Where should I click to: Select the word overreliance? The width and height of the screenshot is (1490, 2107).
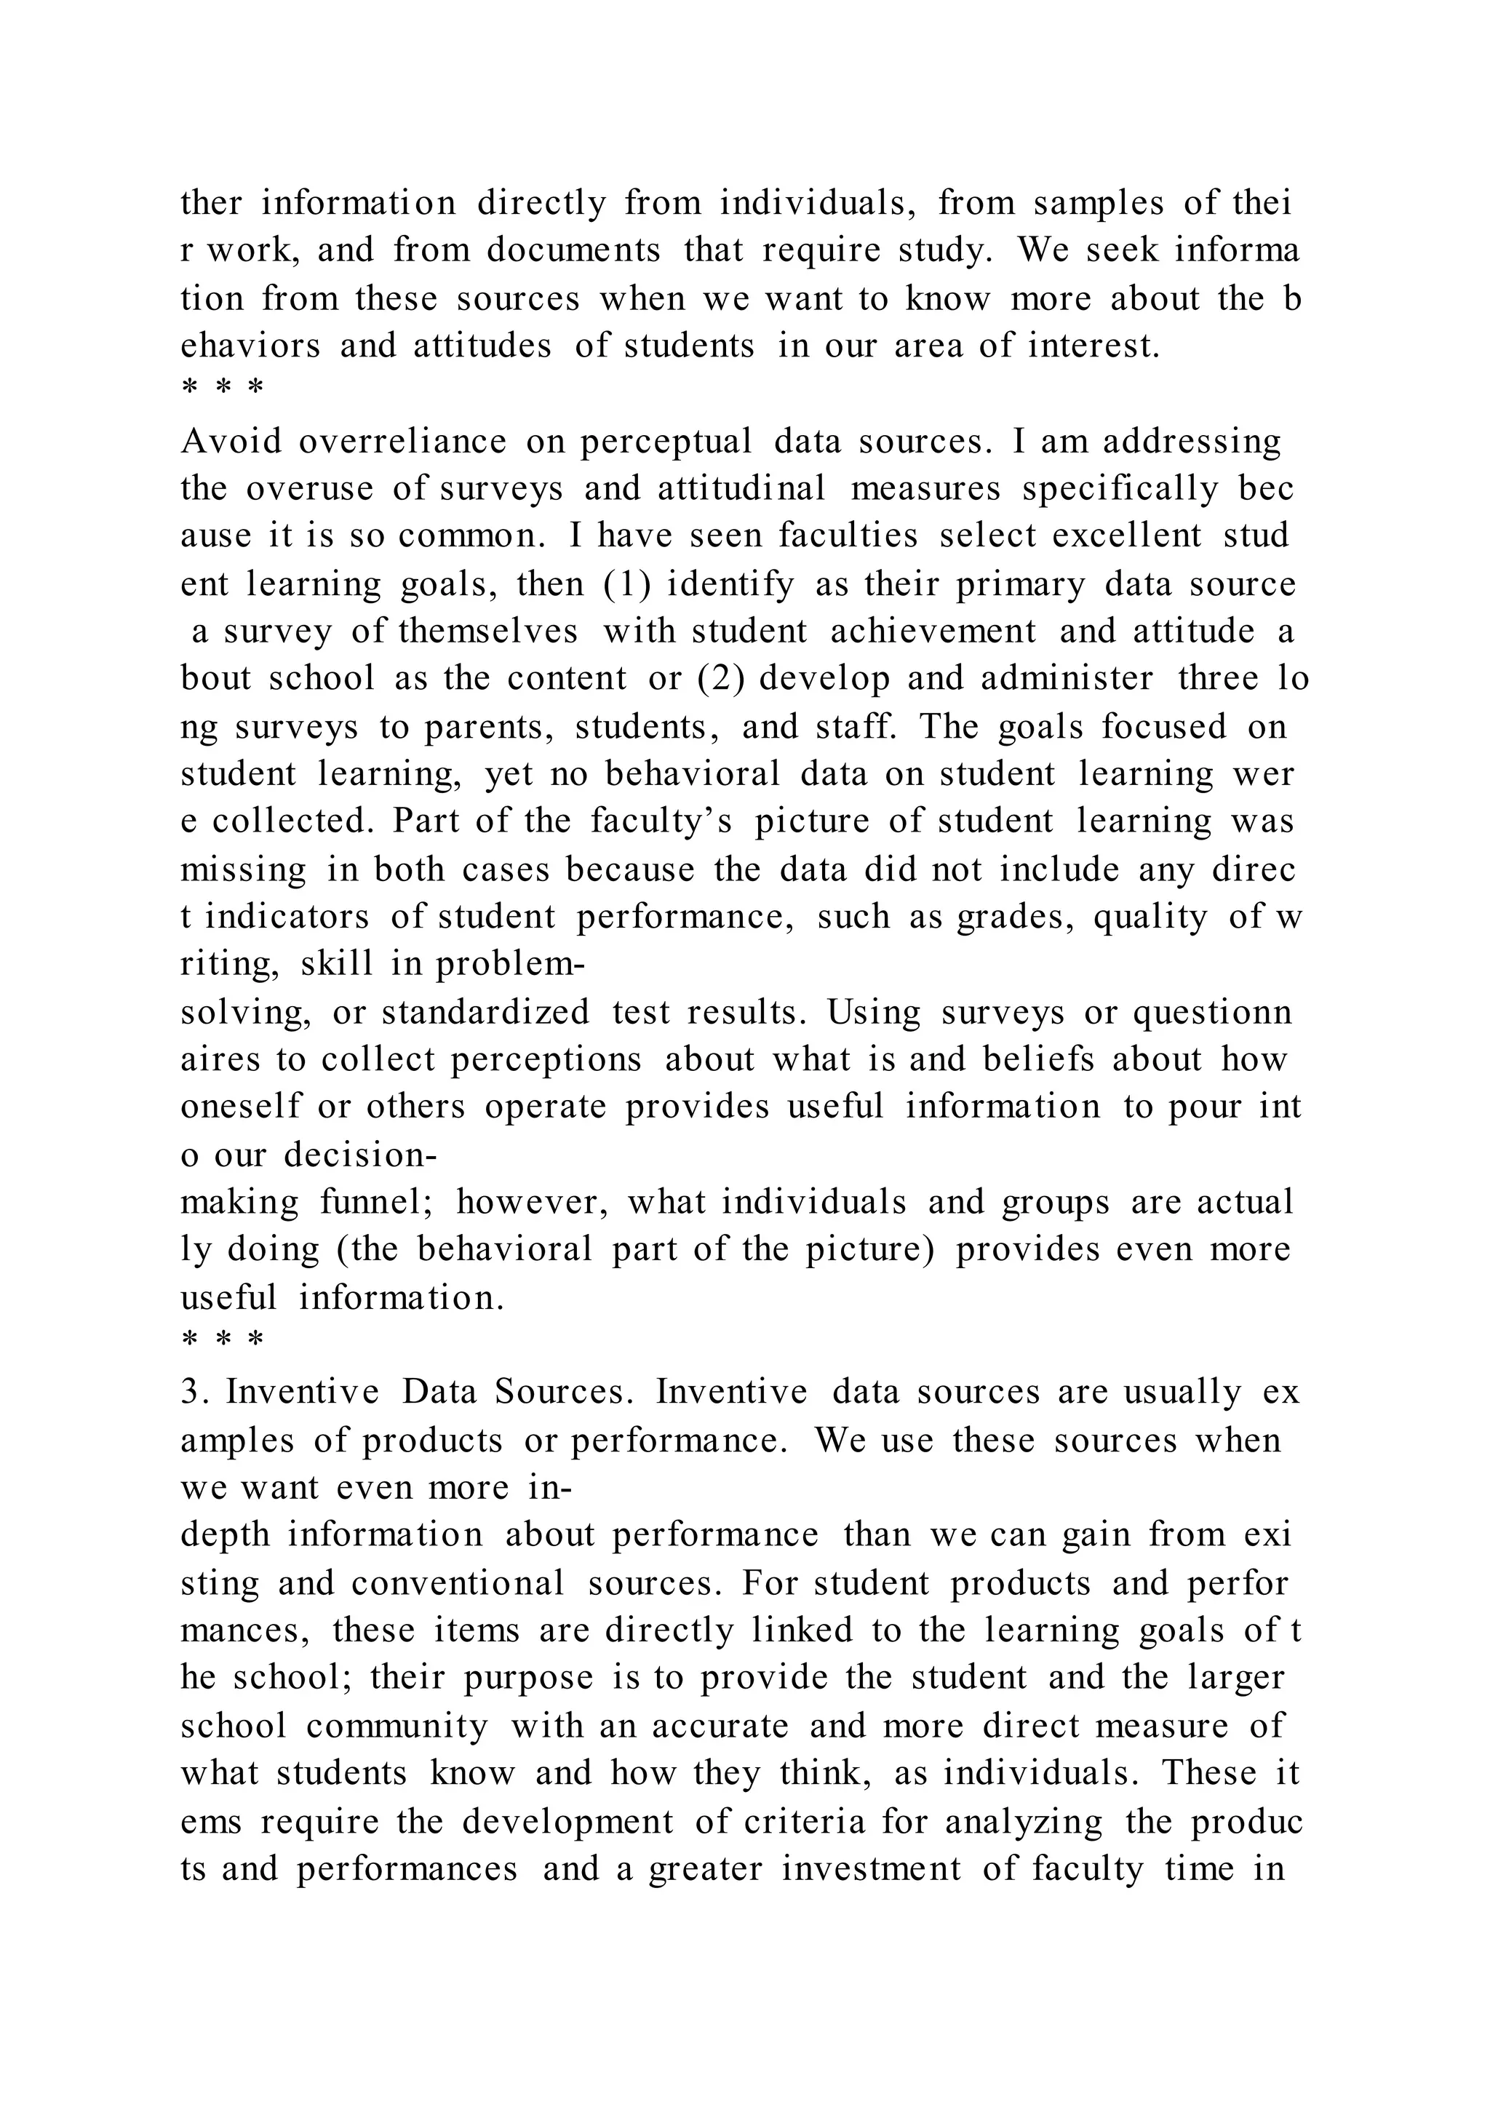click(402, 442)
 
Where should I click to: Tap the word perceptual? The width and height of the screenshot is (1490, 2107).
click(666, 442)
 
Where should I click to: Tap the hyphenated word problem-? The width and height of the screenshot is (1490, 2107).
click(509, 963)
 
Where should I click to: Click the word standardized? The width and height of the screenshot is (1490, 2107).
click(485, 1012)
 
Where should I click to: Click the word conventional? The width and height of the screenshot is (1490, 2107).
click(458, 1583)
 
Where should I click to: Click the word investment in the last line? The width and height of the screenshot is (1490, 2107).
click(872, 1868)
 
